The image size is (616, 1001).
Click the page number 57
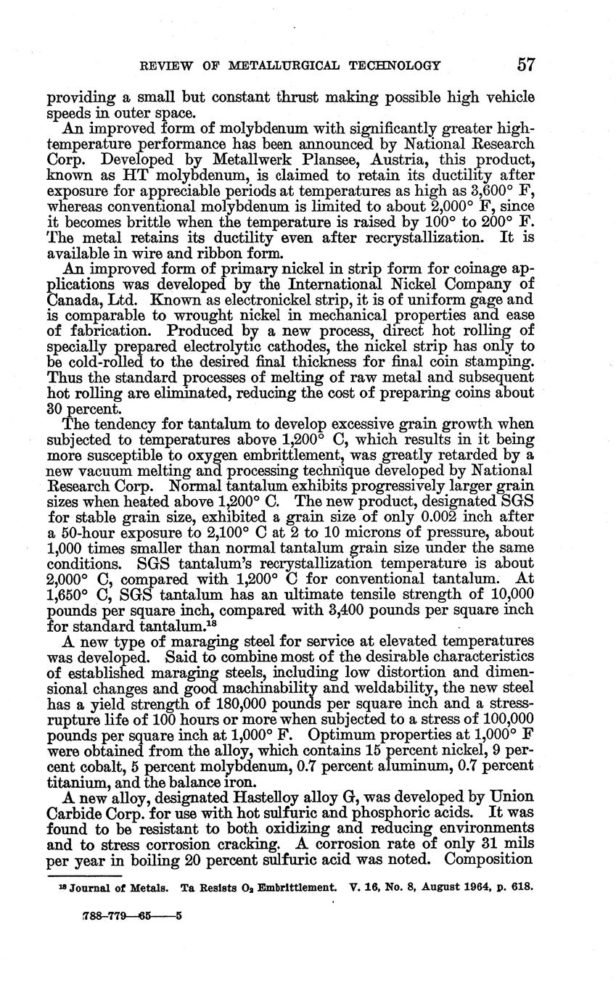(526, 65)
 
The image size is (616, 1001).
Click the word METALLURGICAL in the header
(279, 65)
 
